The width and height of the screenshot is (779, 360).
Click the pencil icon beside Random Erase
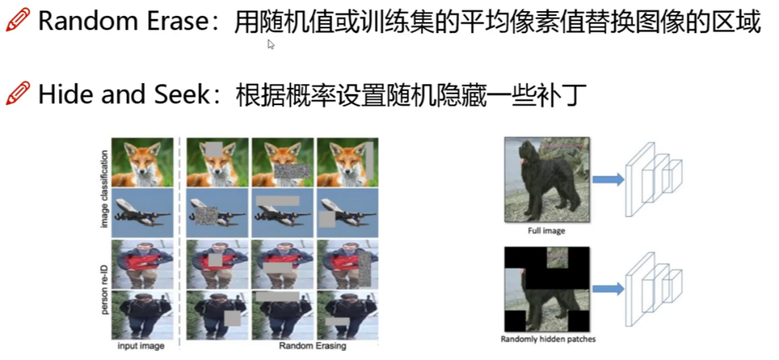[17, 21]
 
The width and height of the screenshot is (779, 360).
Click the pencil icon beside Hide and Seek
[17, 94]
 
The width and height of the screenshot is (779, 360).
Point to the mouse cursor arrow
[270, 44]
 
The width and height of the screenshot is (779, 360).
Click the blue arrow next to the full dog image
[607, 179]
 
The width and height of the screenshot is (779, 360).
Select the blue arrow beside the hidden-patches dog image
[607, 288]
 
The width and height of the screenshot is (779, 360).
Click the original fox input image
[142, 162]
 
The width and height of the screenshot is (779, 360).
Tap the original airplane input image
[142, 213]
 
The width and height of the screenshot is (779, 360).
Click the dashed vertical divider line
[180, 238]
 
